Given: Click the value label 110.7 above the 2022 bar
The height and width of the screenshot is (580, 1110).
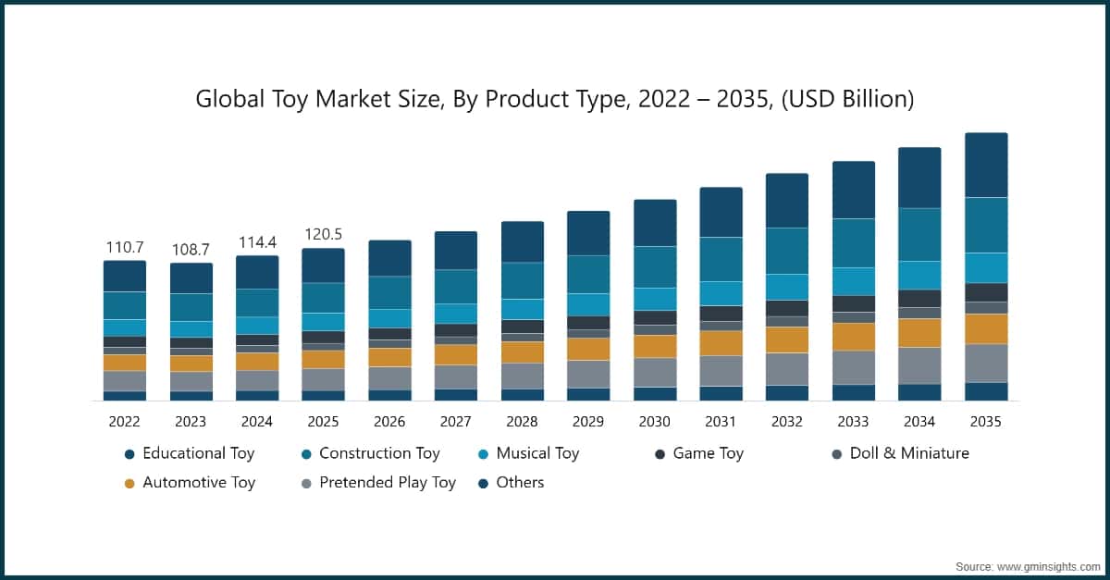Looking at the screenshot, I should pos(124,248).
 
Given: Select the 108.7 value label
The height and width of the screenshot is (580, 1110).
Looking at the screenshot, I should pos(191,251).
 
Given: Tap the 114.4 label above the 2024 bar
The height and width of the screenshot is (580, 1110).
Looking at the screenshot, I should pos(257,242).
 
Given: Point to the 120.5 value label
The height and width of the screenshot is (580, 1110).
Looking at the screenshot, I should pos(323,235).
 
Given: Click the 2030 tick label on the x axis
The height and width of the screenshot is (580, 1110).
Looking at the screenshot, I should pos(654,422).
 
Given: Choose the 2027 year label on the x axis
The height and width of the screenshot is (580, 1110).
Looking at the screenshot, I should pos(455,422).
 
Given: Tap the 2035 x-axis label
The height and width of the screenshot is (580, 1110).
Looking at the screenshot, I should pos(985,422).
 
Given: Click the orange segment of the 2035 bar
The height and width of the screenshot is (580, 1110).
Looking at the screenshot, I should pos(986,328).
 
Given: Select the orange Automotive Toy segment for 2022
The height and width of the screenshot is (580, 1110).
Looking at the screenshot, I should pos(124,363).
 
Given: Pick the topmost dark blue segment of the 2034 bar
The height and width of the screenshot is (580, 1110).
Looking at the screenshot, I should pos(919,178).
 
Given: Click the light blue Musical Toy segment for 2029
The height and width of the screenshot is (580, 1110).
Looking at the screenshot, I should pos(588,304).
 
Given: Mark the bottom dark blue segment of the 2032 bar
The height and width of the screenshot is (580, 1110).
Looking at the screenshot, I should pos(786,392).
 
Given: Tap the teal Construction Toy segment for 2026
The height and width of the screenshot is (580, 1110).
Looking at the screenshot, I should pos(389,292).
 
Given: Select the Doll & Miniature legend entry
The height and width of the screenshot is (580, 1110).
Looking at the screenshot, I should pos(902,453).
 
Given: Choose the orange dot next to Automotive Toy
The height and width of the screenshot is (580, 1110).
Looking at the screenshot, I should pos(129,483).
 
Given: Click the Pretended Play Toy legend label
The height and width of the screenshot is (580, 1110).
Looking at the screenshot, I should pos(387,482).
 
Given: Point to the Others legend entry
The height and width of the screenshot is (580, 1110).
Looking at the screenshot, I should pos(520,482).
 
